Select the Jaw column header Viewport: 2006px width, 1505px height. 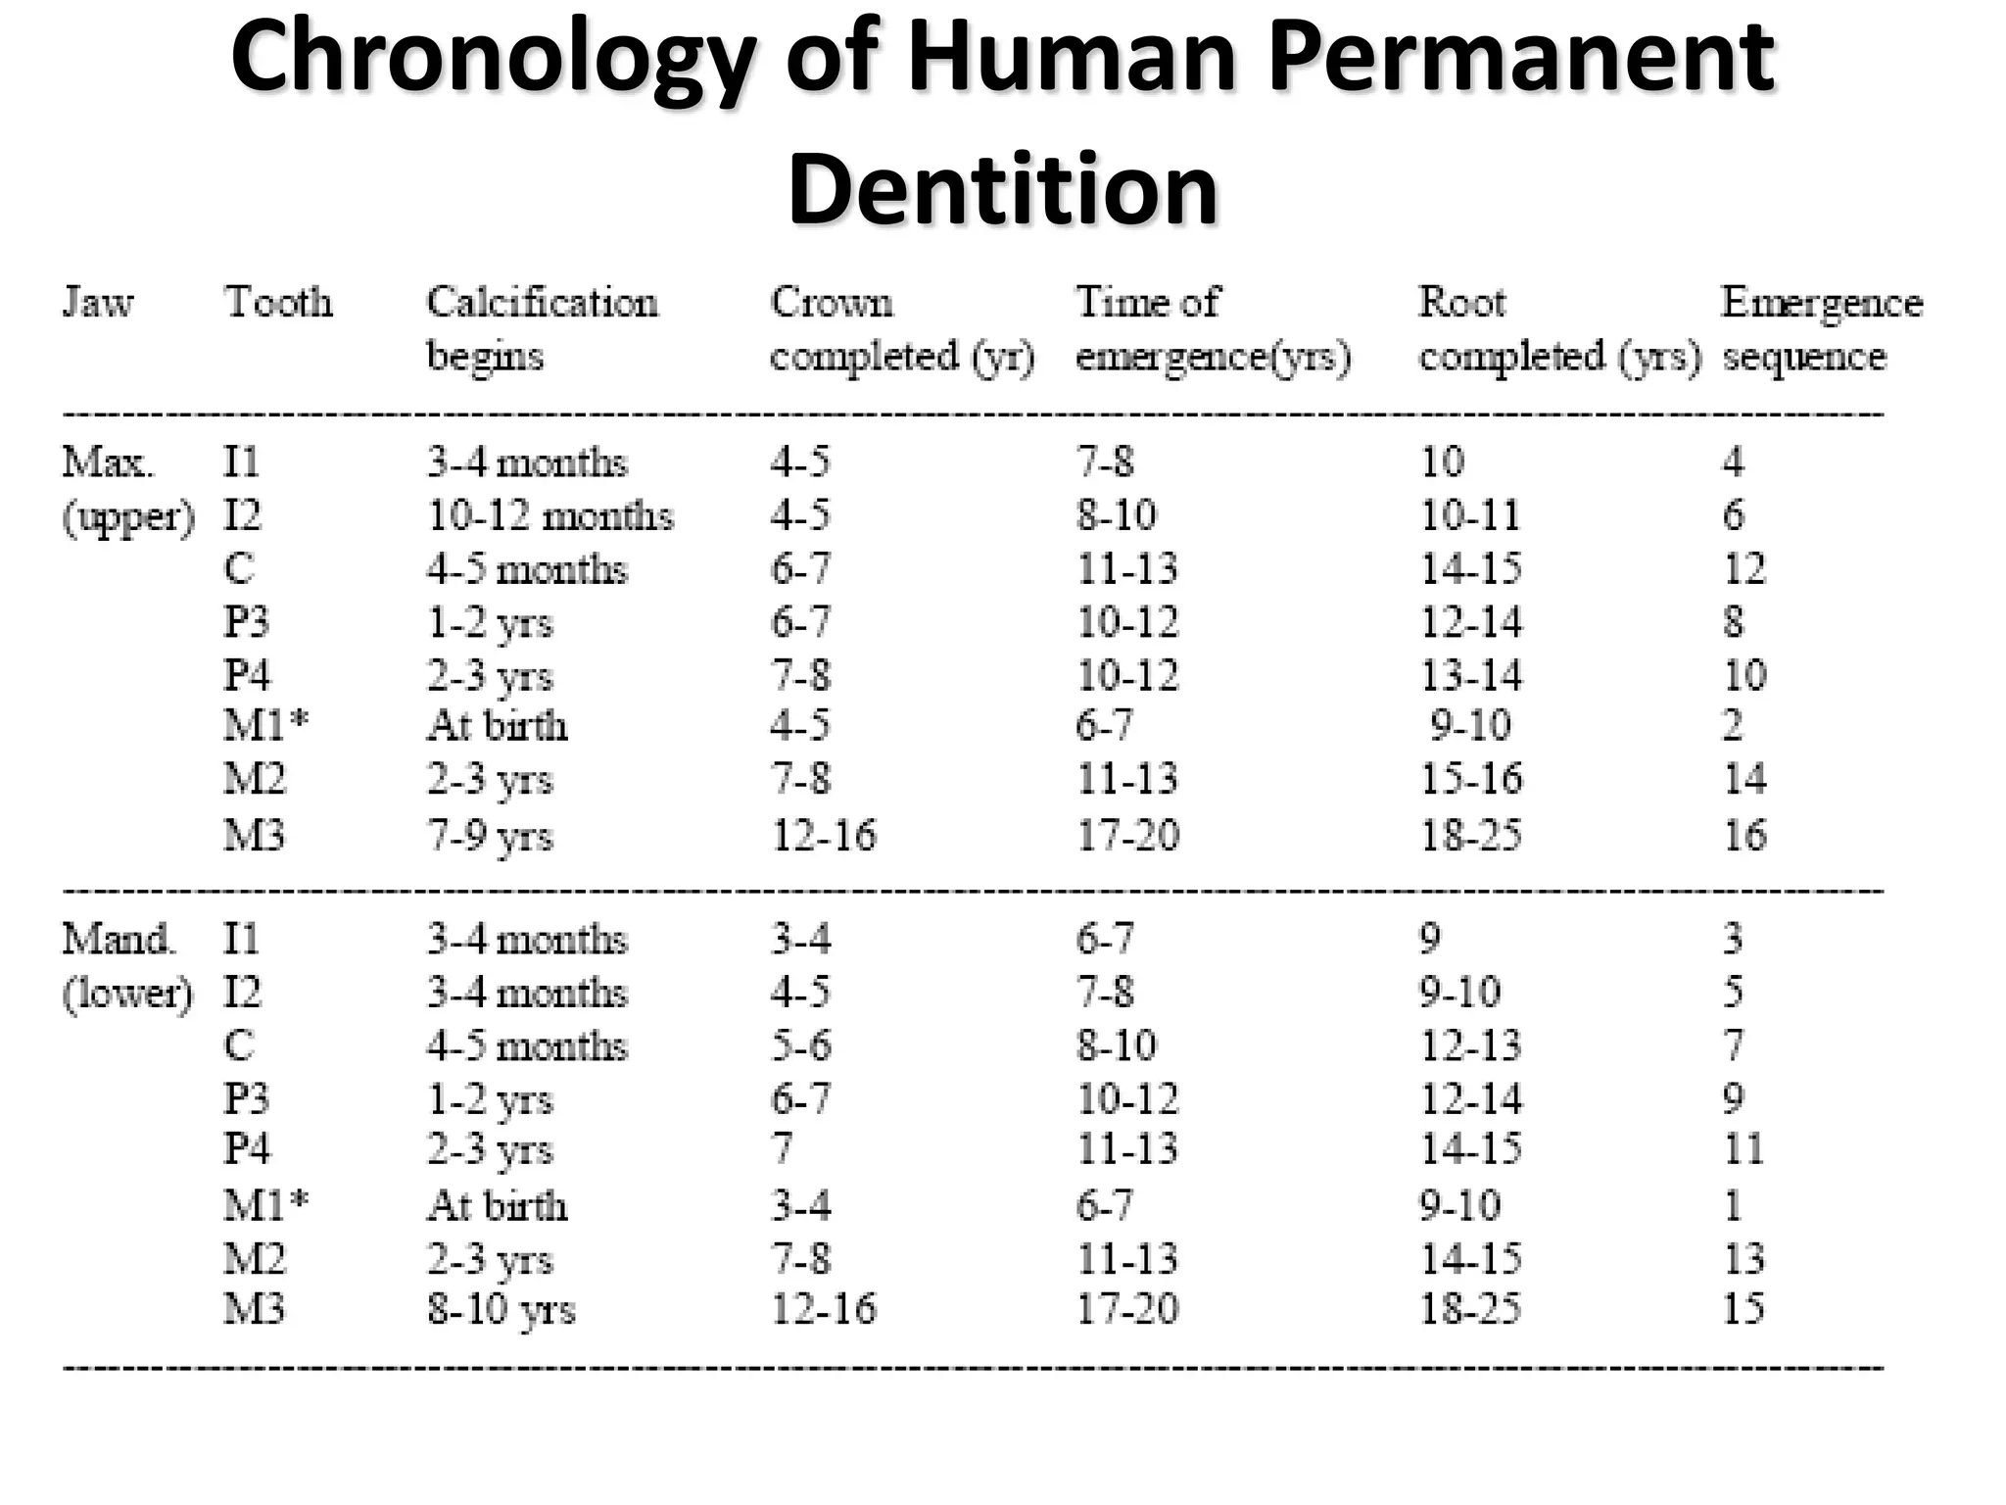[x=98, y=303]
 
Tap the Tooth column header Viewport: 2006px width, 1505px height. [x=278, y=303]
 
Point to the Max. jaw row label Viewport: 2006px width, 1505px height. [x=108, y=461]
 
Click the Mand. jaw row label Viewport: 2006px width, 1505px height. [x=119, y=940]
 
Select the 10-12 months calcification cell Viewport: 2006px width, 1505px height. [x=550, y=516]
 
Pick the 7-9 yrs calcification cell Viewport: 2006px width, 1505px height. [x=490, y=837]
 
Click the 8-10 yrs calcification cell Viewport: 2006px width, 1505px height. [x=501, y=1310]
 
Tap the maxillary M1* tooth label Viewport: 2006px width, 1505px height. [x=265, y=726]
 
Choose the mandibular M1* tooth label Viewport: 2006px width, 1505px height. [x=265, y=1205]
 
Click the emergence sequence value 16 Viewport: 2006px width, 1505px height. [x=1743, y=836]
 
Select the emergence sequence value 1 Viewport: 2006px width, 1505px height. [x=1733, y=1205]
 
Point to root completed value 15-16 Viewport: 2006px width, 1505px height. [x=1471, y=780]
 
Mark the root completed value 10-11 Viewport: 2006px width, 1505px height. [x=1469, y=515]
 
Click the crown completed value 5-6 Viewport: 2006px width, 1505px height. [x=800, y=1046]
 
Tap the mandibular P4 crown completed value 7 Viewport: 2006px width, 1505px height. [x=782, y=1148]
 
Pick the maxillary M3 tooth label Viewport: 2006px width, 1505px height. [x=254, y=836]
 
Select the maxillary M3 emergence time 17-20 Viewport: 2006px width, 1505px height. [x=1127, y=836]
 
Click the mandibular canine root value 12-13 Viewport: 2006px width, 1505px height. [x=1470, y=1046]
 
